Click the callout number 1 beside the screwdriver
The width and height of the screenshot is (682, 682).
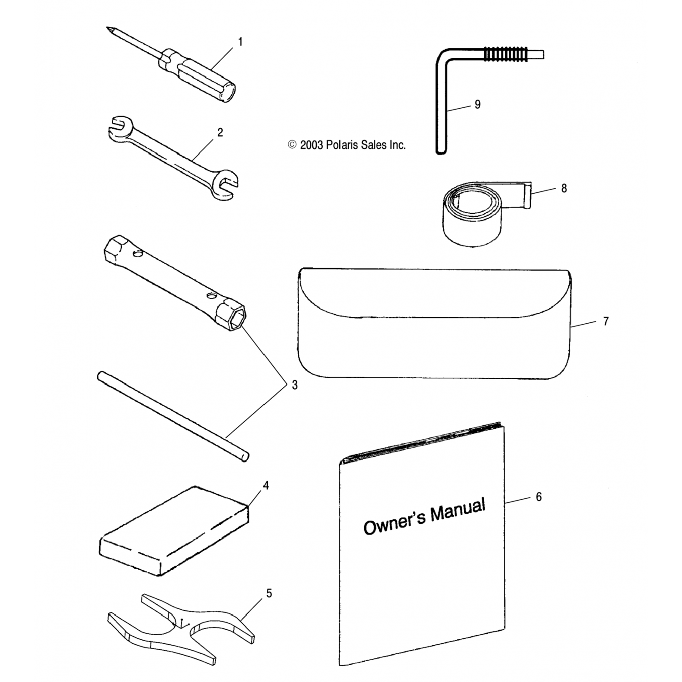[240, 42]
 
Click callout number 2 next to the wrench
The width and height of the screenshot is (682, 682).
[220, 132]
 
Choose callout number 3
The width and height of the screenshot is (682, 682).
[295, 385]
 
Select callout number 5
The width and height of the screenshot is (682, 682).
[269, 593]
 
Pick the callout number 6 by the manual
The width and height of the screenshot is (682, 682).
[538, 496]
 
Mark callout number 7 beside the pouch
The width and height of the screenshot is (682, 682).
[605, 321]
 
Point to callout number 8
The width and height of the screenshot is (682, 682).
[564, 188]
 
